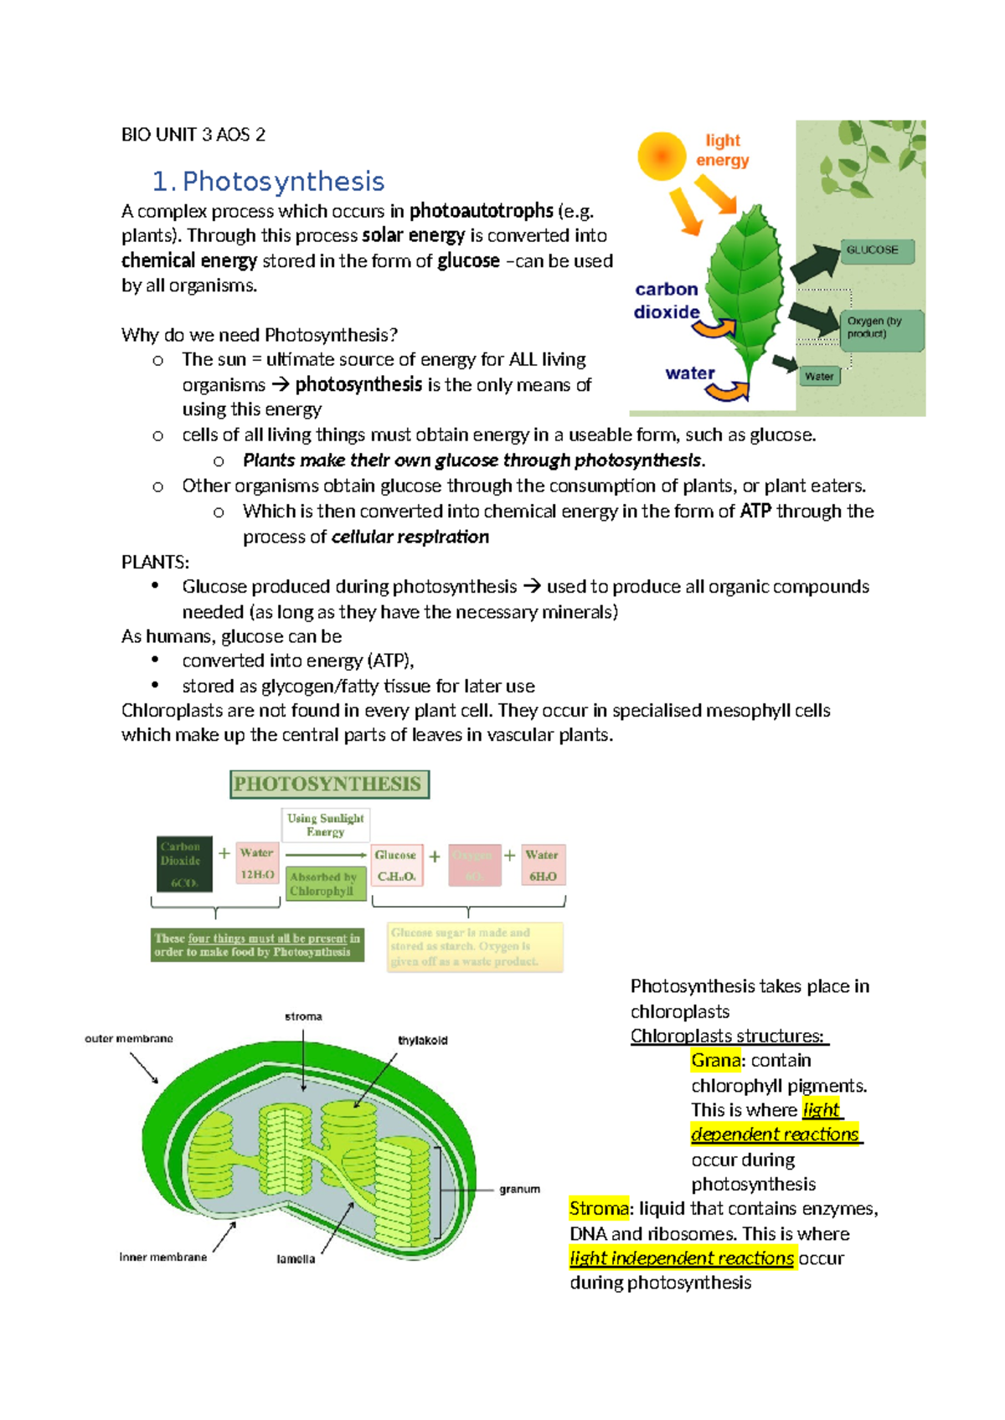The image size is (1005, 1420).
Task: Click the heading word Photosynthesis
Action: tap(283, 182)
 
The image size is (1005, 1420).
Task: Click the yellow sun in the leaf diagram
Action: tap(662, 156)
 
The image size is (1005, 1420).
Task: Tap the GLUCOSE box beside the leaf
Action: tap(876, 250)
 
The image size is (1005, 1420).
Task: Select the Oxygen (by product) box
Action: tap(881, 328)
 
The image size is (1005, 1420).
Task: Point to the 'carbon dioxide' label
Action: tap(667, 301)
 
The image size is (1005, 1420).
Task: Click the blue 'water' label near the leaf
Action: tap(690, 373)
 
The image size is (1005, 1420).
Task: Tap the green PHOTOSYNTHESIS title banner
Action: tap(329, 785)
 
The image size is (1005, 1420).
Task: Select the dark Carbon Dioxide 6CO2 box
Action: tap(183, 864)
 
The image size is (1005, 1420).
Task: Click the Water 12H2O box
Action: tap(257, 864)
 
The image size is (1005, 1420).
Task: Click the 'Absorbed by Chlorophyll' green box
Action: tap(325, 884)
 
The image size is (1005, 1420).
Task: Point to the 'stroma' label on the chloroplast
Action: tap(303, 1016)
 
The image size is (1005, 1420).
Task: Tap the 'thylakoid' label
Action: tap(422, 1041)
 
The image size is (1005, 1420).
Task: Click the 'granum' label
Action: tap(519, 1189)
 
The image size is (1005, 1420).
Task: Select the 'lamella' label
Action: tap(296, 1259)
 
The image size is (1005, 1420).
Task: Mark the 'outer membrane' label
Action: tap(129, 1038)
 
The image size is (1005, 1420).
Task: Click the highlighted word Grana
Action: tap(715, 1061)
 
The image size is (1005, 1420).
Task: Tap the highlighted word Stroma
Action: tap(598, 1209)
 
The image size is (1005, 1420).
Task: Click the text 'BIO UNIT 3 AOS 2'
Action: tap(193, 135)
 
